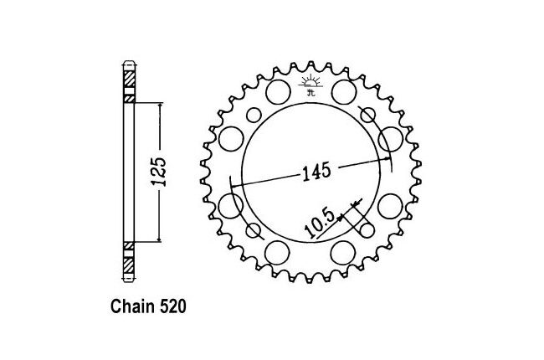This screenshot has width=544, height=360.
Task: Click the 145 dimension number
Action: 316,172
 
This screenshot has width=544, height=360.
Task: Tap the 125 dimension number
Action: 159,172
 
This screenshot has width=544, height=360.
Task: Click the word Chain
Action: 132,306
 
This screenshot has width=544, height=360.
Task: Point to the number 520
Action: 172,306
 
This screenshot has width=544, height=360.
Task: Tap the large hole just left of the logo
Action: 278,91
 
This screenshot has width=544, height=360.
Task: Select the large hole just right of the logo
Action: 344,91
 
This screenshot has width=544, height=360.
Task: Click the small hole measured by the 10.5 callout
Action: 367,230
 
